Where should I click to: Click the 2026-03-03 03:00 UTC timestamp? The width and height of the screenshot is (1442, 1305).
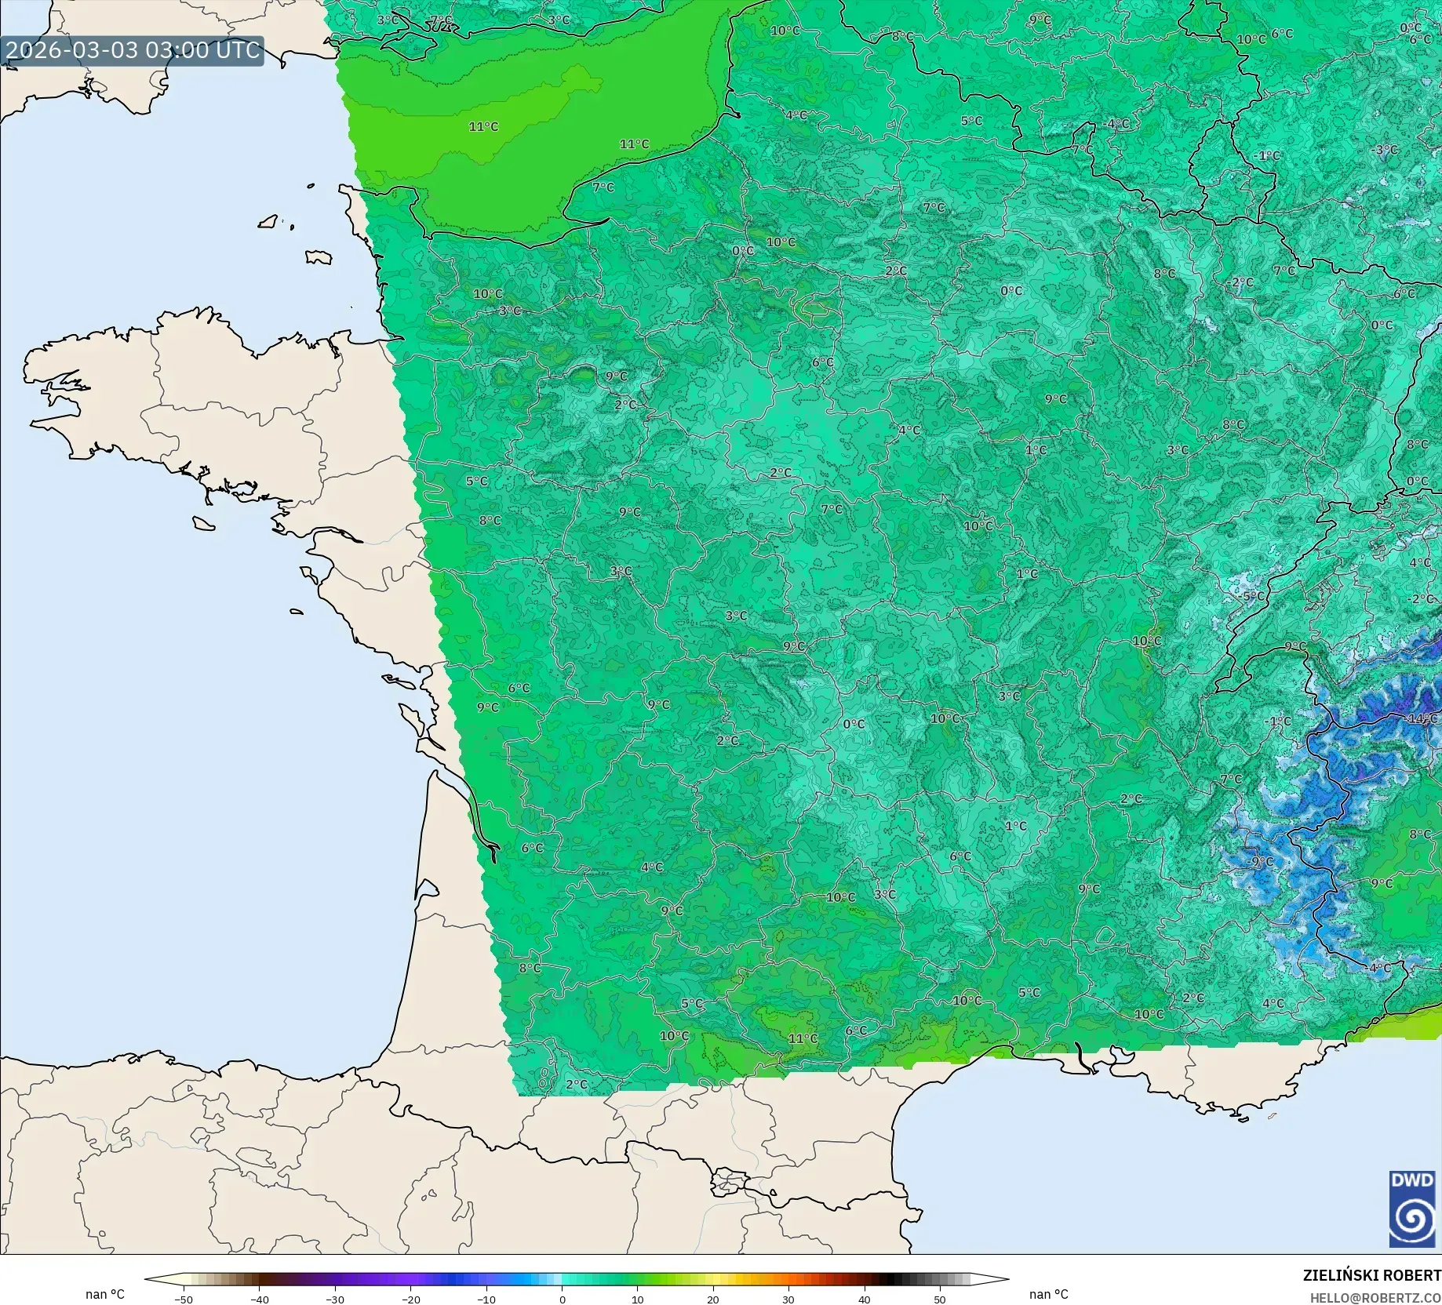point(132,50)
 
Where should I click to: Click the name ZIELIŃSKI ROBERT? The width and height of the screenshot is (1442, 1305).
point(1371,1275)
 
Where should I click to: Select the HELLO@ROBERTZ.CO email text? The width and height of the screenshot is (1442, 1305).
point(1375,1299)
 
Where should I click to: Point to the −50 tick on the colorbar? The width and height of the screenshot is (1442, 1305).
point(184,1300)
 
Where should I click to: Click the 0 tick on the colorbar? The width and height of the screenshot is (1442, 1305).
point(563,1300)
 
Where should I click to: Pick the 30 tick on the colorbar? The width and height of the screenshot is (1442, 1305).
point(788,1300)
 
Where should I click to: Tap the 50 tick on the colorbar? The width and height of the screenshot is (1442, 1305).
point(940,1300)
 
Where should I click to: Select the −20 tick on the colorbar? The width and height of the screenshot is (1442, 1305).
point(411,1300)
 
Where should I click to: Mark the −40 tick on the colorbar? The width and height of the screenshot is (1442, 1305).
point(260,1300)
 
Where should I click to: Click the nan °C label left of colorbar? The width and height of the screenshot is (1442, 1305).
point(105,1294)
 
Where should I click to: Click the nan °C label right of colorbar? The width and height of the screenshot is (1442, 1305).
point(1048,1294)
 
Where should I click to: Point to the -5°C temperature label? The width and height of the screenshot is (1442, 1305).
point(1254,596)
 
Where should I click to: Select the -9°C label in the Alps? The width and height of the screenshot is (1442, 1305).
point(1261,861)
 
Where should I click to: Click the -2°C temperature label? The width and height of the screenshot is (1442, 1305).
point(1422,598)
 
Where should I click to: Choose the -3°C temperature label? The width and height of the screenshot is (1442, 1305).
point(1385,150)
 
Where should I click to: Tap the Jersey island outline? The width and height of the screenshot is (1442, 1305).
point(319,257)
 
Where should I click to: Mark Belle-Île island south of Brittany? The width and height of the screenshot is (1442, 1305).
point(203,522)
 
